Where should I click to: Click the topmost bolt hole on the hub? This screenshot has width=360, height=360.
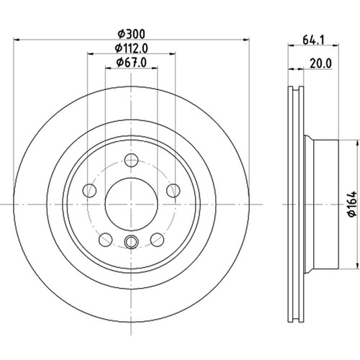pos(130,161)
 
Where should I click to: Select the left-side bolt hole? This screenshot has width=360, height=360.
pos(91,190)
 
